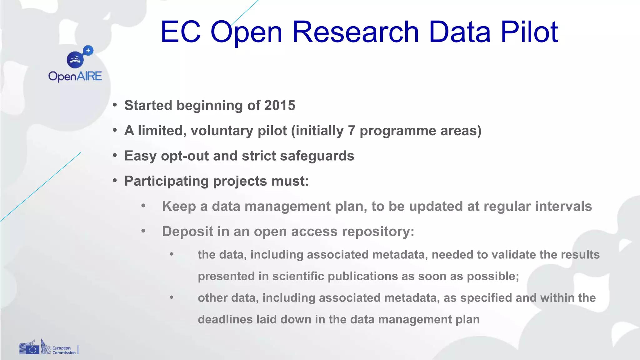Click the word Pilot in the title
pyautogui.click(x=529, y=32)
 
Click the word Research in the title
pyautogui.click(x=356, y=32)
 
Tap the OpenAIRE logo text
pyautogui.click(x=75, y=77)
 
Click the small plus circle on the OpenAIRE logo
pyautogui.click(x=88, y=50)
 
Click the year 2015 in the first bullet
pyautogui.click(x=280, y=106)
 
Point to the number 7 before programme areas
pyautogui.click(x=352, y=131)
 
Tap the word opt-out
pyautogui.click(x=185, y=156)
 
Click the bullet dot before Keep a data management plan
pyautogui.click(x=143, y=206)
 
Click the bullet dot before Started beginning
pyautogui.click(x=115, y=105)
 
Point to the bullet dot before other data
pyautogui.click(x=172, y=297)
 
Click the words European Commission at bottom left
pyautogui.click(x=64, y=350)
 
